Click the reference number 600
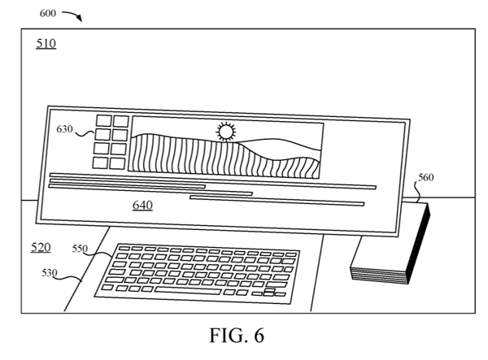pyautogui.click(x=48, y=13)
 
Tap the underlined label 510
pyautogui.click(x=46, y=44)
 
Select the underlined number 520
pyautogui.click(x=41, y=248)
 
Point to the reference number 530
pyautogui.click(x=50, y=273)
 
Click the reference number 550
pyautogui.click(x=80, y=249)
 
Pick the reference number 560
pyautogui.click(x=425, y=177)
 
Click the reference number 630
pyautogui.click(x=64, y=128)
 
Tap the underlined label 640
pyautogui.click(x=142, y=205)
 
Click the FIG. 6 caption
pyautogui.click(x=237, y=336)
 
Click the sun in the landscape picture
pyautogui.click(x=226, y=132)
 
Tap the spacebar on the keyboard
pyautogui.click(x=188, y=291)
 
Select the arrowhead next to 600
pyautogui.click(x=80, y=19)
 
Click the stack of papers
pyautogui.click(x=390, y=243)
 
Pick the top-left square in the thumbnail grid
pyautogui.click(x=104, y=120)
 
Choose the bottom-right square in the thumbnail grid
pyautogui.click(x=117, y=163)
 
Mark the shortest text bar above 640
pyautogui.click(x=127, y=186)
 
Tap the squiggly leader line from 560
pyautogui.click(x=417, y=192)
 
